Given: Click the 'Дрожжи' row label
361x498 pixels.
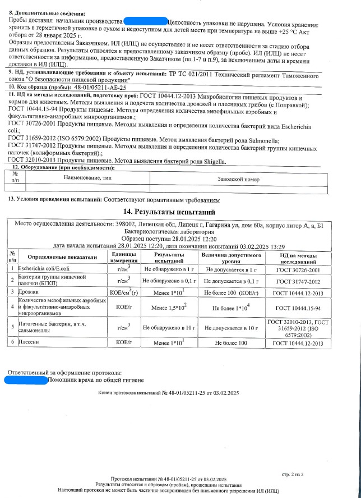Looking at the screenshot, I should [28, 291].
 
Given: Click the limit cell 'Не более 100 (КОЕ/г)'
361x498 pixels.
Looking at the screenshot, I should [230, 292].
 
